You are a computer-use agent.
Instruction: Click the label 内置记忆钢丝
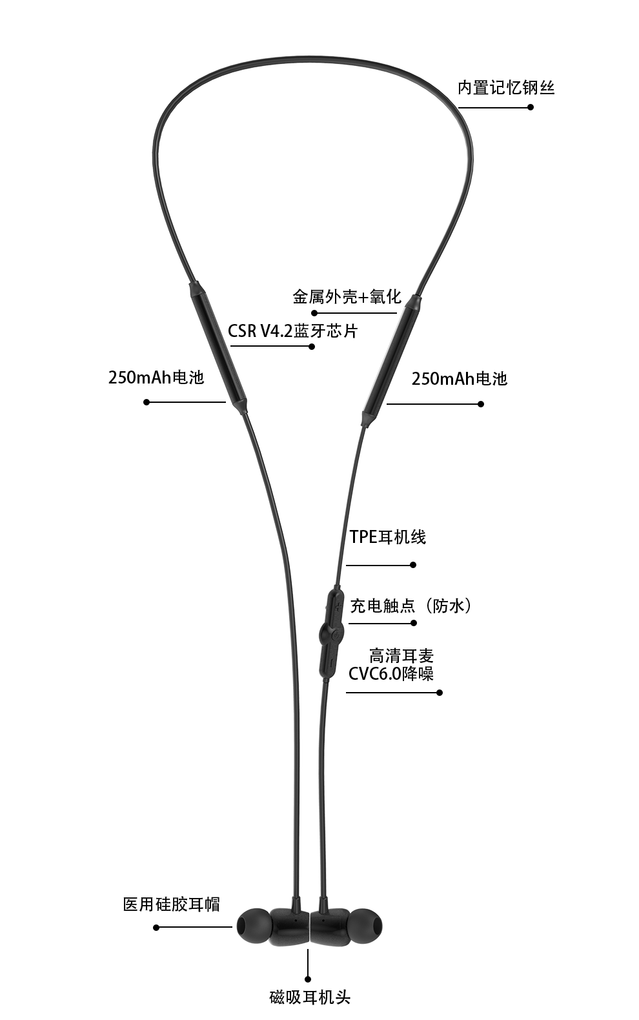click(x=506, y=88)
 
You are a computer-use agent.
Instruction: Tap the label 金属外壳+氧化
click(x=347, y=297)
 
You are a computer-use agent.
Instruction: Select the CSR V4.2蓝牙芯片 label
click(x=292, y=331)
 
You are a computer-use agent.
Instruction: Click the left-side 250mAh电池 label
click(x=156, y=377)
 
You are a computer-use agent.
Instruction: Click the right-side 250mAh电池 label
click(x=460, y=378)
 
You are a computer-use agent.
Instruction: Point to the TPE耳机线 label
click(x=388, y=537)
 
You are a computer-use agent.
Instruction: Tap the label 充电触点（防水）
click(x=412, y=606)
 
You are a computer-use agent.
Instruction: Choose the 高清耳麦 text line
click(x=401, y=656)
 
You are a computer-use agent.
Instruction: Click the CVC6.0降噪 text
click(x=391, y=674)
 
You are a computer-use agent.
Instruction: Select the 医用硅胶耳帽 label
click(x=172, y=904)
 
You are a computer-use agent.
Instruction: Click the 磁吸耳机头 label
click(x=310, y=997)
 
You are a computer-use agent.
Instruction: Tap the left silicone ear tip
click(x=252, y=927)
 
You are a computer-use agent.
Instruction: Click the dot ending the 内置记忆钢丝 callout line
click(x=531, y=107)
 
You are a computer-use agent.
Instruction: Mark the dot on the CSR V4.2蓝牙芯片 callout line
click(x=312, y=347)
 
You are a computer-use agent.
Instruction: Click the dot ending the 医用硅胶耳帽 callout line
click(x=156, y=928)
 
